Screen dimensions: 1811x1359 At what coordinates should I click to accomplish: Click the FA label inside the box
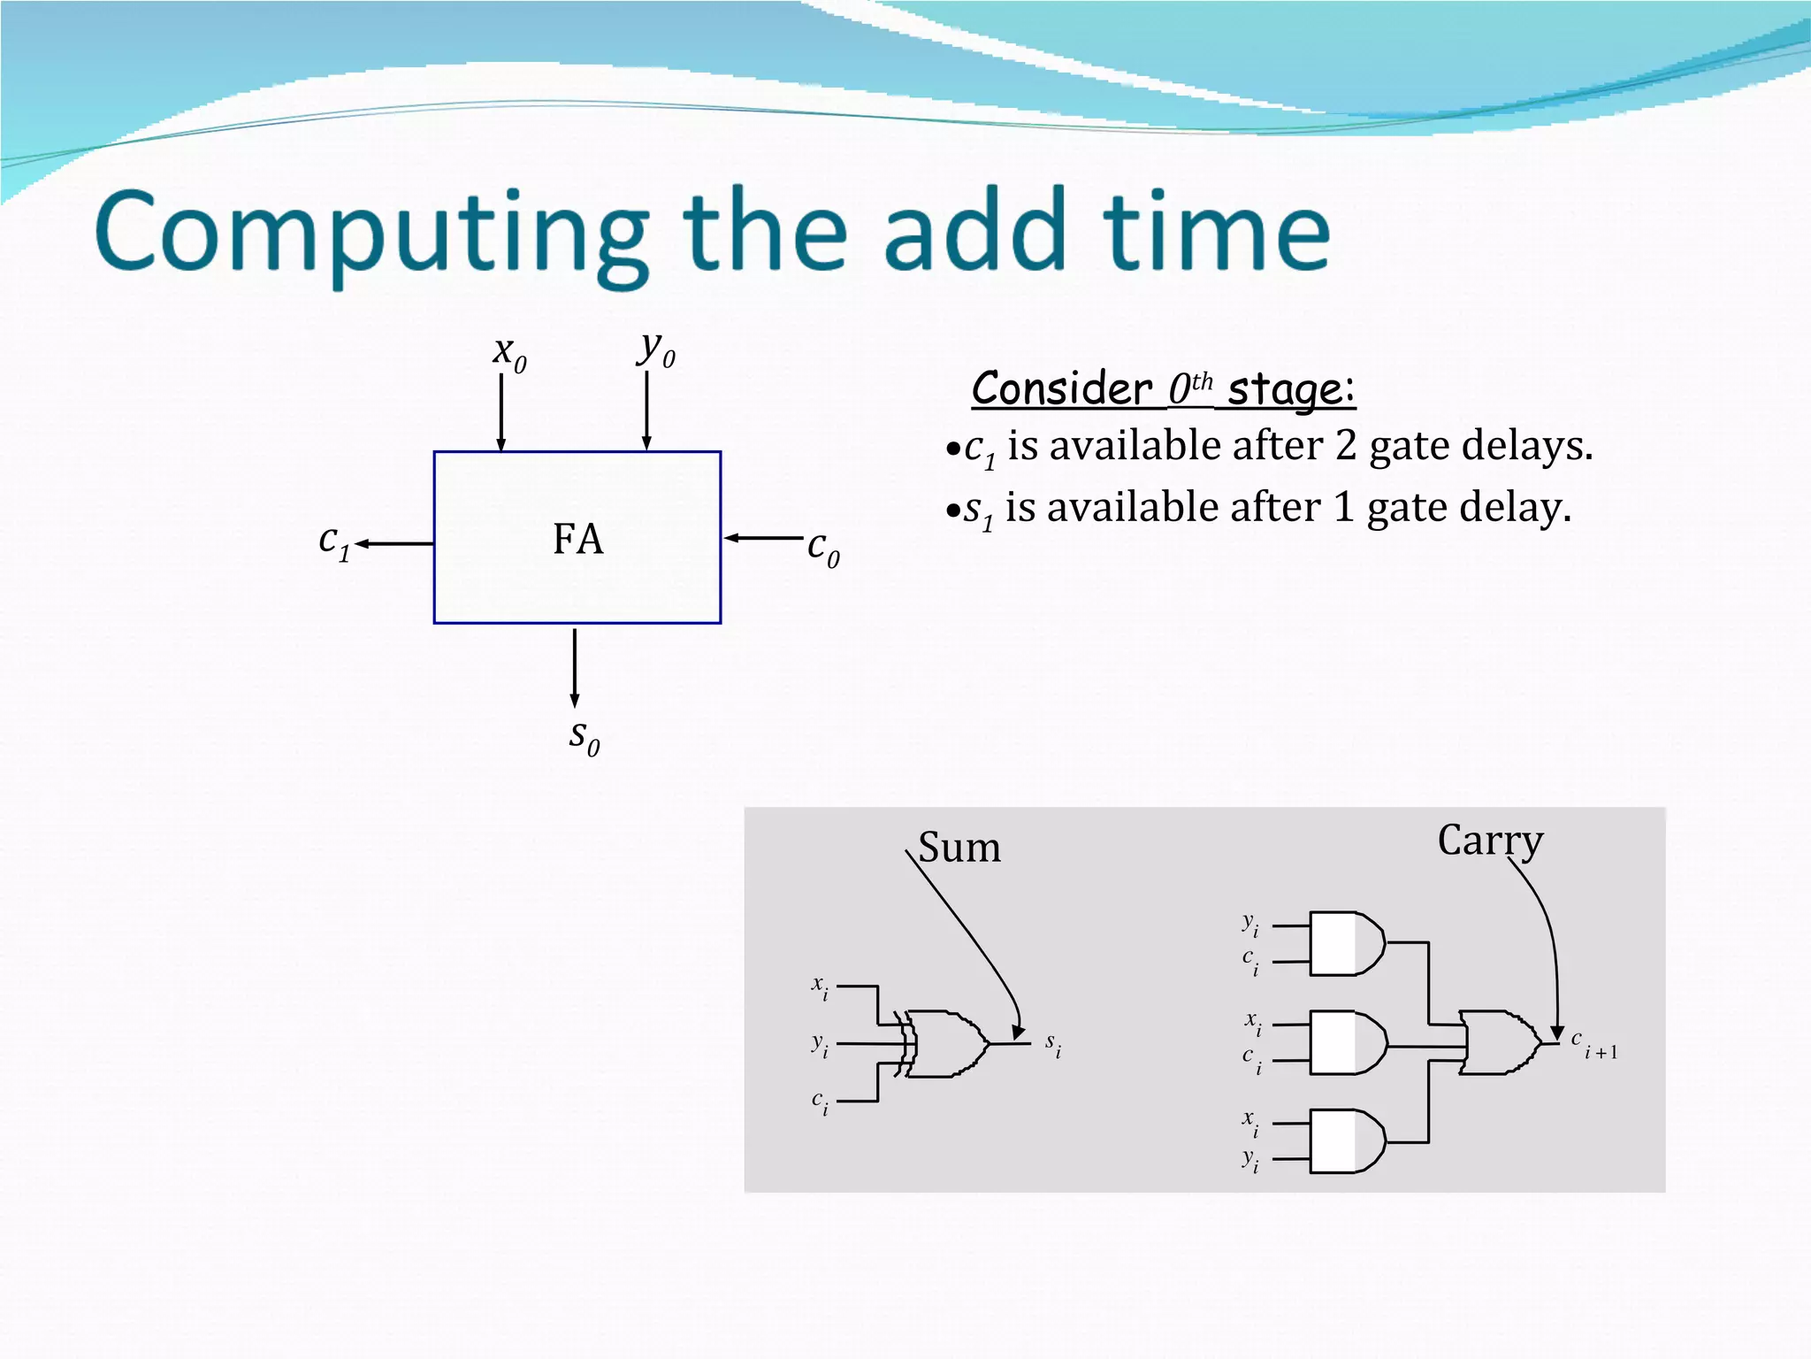[x=577, y=539]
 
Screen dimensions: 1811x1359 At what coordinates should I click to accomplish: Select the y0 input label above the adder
[x=656, y=350]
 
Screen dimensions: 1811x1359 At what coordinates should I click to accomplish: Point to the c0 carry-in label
[x=823, y=549]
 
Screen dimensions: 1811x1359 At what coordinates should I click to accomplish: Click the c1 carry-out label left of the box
[x=334, y=541]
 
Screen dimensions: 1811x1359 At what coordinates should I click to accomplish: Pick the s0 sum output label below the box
[x=584, y=737]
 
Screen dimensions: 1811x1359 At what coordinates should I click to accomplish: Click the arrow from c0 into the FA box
[x=763, y=537]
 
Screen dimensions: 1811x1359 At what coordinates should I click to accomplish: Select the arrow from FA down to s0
[x=575, y=668]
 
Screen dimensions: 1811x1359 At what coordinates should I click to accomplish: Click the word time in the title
[x=1216, y=232]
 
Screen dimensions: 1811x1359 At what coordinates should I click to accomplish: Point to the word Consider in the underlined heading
[x=1061, y=389]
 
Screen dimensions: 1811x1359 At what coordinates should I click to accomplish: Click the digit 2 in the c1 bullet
[x=1345, y=445]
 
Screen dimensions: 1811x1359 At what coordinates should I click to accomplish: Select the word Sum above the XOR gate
[x=959, y=848]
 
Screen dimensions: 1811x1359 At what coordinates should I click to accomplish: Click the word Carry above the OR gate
[x=1490, y=841]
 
